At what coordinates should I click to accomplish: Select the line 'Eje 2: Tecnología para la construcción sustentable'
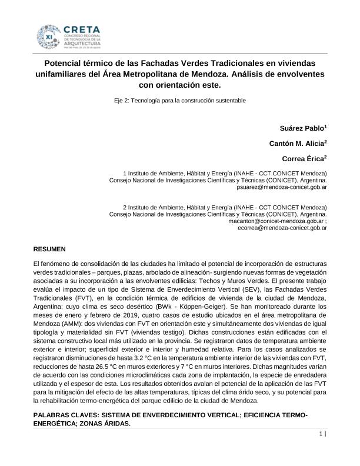click(179, 100)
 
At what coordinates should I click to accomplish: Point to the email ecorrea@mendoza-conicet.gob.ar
click(282, 227)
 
